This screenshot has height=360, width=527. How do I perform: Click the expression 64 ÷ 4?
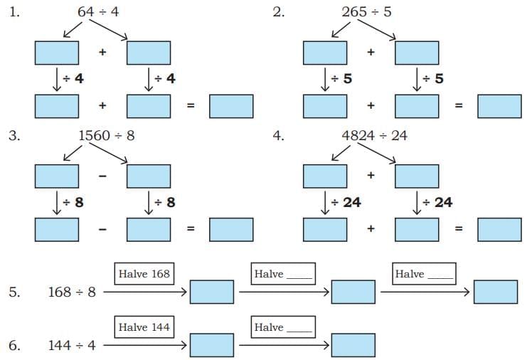pyautogui.click(x=98, y=11)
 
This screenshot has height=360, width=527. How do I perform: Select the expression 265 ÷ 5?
pyautogui.click(x=366, y=11)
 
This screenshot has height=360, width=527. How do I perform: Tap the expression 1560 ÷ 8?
pyautogui.click(x=106, y=134)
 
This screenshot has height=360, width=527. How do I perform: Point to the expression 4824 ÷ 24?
pyautogui.click(x=374, y=134)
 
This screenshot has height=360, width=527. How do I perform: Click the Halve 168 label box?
pyautogui.click(x=144, y=274)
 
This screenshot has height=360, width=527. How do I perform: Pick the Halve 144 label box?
pyautogui.click(x=144, y=327)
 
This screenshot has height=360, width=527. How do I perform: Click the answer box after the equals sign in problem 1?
pyautogui.click(x=231, y=105)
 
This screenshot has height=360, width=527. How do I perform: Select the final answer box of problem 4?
pyautogui.click(x=499, y=228)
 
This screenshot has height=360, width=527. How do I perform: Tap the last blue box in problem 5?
pyautogui.click(x=496, y=292)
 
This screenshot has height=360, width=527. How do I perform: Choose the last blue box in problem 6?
pyautogui.click(x=353, y=345)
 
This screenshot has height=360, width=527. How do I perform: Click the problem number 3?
pyautogui.click(x=14, y=134)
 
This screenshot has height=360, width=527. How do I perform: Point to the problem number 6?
pyautogui.click(x=14, y=345)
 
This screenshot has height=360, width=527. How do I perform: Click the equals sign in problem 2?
pyautogui.click(x=459, y=105)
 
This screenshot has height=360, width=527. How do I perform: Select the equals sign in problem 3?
pyautogui.click(x=190, y=228)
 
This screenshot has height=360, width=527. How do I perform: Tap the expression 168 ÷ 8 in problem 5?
pyautogui.click(x=72, y=292)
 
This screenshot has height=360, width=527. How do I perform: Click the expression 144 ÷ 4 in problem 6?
pyautogui.click(x=72, y=345)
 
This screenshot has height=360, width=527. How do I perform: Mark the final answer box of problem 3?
pyautogui.click(x=231, y=228)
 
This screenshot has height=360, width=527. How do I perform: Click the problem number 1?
pyautogui.click(x=14, y=11)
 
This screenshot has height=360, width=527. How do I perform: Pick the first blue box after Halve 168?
pyautogui.click(x=211, y=292)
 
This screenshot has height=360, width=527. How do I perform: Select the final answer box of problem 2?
pyautogui.click(x=499, y=105)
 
